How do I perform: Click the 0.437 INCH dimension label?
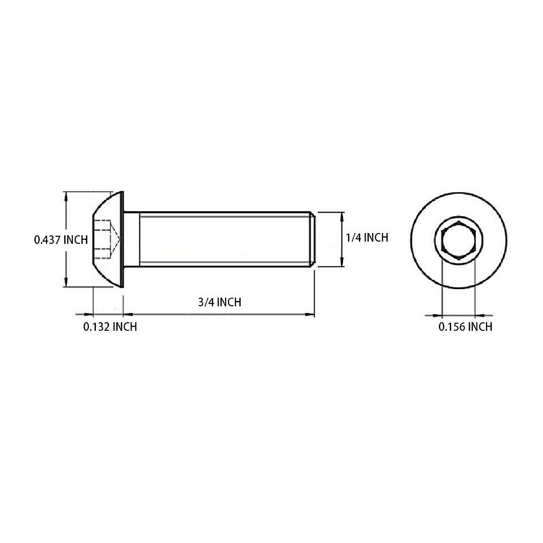[x=61, y=239]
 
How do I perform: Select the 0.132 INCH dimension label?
[x=110, y=327]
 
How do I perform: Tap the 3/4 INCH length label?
[x=219, y=302]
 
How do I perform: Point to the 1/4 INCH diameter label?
[x=367, y=238]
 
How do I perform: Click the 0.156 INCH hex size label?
[x=465, y=327]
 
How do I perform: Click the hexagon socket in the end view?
[x=458, y=240]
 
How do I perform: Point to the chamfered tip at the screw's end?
[x=312, y=239]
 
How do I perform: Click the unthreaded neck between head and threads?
[x=132, y=239]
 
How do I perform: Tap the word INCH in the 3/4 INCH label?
[x=229, y=302]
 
